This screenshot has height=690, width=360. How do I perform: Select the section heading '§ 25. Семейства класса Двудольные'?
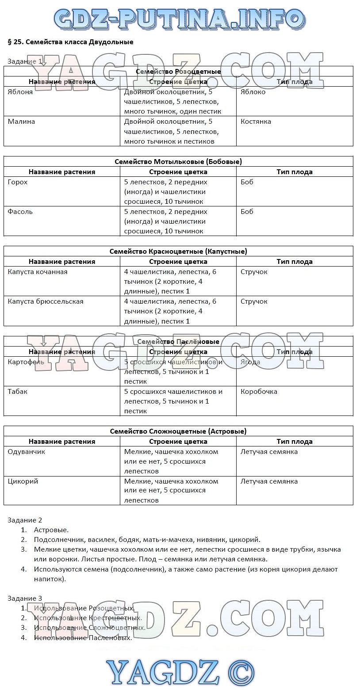pos(71,42)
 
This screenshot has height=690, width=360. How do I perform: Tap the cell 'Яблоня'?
pos(20,92)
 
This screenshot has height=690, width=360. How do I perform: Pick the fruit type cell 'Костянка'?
pos(256,122)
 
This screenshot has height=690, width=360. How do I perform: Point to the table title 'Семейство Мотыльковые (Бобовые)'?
pos(178,162)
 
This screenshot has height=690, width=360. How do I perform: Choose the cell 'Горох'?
pos(18,182)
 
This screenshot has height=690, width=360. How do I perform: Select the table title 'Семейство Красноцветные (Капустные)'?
pos(178,252)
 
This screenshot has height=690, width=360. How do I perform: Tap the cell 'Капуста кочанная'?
pos(38,272)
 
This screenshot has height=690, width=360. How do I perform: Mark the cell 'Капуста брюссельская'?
pos(46,301)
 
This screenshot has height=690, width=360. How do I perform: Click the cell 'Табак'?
pos(18,392)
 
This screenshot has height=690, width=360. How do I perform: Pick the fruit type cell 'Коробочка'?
pos(259,392)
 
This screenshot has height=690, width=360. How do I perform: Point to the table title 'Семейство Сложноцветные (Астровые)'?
pos(178,431)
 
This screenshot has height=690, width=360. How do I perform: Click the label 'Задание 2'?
pos(25,520)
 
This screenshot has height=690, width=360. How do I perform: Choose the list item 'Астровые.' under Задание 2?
pos(51,530)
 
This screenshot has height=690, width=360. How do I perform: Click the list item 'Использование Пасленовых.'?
pos(83,638)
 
